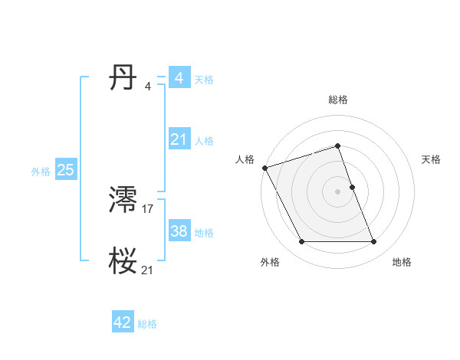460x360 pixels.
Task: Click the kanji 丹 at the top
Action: coord(123,78)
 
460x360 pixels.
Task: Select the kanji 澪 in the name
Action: coord(123,200)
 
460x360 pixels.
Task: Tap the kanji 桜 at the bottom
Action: coord(123,261)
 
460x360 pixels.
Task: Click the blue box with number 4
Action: coord(179,78)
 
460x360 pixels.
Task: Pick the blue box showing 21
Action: coord(179,139)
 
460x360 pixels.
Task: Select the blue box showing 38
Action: coord(179,231)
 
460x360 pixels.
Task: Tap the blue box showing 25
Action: coord(65,170)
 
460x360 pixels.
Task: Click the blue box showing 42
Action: coord(123,322)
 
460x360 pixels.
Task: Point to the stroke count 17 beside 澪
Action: coord(148,208)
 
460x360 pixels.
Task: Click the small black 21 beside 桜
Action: coord(148,270)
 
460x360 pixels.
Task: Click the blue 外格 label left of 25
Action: coord(41,172)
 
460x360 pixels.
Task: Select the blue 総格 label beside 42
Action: coord(147,324)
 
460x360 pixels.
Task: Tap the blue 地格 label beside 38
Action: coord(204,233)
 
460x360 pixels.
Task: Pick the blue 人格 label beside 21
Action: coord(204,141)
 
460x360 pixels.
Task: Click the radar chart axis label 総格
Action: coord(338,100)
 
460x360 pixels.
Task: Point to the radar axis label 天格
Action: coord(432,159)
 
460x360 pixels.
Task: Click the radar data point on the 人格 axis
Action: coord(264,168)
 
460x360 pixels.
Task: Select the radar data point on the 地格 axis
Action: coord(374,242)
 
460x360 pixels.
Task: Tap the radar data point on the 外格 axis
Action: coord(301,242)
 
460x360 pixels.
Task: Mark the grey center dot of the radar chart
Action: coord(338,191)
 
